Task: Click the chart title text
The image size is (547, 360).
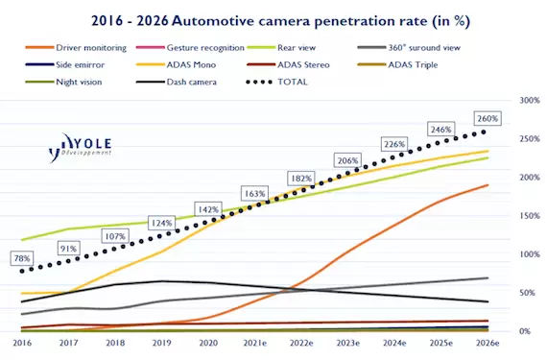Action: (281, 21)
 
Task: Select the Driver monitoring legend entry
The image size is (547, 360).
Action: (76, 47)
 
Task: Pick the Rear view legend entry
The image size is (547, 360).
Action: (281, 47)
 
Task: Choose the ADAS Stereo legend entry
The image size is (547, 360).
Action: (288, 65)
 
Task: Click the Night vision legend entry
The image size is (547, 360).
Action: (64, 82)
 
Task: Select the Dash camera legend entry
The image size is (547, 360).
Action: (177, 82)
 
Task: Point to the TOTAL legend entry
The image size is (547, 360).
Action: (277, 82)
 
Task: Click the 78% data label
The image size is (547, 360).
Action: (22, 258)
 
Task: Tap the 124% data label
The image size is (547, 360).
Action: (161, 223)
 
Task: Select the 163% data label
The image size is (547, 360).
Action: (254, 193)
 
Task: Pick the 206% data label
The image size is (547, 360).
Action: (347, 160)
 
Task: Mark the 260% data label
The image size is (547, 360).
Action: (488, 119)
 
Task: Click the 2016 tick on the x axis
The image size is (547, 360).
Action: (22, 343)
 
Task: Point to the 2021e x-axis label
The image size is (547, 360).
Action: (255, 343)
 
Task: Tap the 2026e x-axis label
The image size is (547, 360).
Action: (488, 343)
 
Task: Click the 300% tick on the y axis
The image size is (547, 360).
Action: (530, 101)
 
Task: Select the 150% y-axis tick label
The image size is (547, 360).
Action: (530, 216)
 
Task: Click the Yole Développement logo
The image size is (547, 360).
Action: (80, 148)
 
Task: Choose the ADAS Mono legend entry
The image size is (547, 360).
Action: (177, 65)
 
